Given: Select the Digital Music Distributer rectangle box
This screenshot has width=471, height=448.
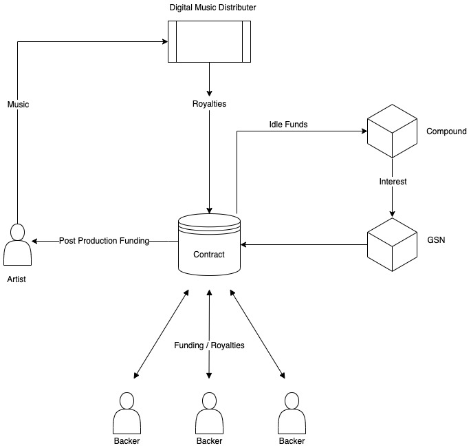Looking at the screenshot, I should [x=209, y=42].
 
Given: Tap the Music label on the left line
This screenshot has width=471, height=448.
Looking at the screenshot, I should [x=18, y=105].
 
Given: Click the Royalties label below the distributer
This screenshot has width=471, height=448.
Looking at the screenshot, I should [x=209, y=105].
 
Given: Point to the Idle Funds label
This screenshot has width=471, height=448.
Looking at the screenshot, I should [x=288, y=125].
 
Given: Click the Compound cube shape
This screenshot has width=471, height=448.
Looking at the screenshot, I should [x=392, y=131].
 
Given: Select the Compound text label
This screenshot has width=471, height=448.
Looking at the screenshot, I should [x=446, y=131].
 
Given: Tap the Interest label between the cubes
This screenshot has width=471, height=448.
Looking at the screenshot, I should [x=392, y=182].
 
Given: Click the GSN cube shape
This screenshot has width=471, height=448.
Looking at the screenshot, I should [x=392, y=244].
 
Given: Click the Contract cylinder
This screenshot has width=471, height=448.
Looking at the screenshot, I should [x=209, y=248].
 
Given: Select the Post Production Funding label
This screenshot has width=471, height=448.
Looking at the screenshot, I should [x=104, y=241].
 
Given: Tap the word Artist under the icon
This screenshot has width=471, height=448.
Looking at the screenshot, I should [x=17, y=281].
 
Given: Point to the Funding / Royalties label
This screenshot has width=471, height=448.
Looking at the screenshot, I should [x=209, y=345].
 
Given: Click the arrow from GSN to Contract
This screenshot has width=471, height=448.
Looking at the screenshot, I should [x=303, y=244].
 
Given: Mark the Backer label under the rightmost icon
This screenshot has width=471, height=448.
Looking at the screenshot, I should [x=292, y=441].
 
